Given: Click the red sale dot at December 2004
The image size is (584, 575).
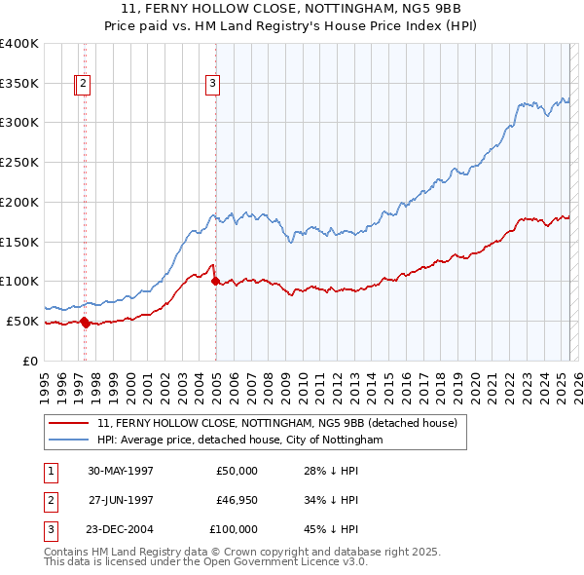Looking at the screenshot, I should coord(215,281).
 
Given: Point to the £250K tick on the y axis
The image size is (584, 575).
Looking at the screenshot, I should coord(21,163).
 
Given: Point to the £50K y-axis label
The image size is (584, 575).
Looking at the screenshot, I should coord(24,321).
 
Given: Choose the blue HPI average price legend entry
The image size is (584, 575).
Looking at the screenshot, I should coord(239,440).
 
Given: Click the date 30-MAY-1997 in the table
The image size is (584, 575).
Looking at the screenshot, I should coord(121,471).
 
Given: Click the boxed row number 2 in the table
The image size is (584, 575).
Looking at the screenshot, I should coord(50,500).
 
